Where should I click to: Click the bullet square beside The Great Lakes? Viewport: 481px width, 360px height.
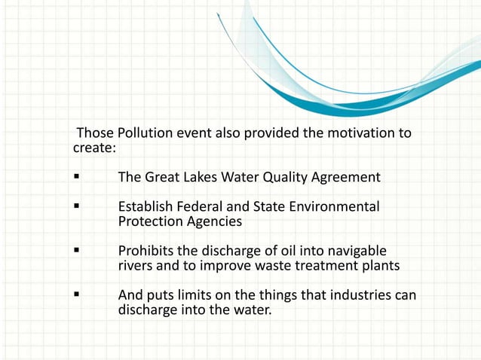pyautogui.click(x=77, y=178)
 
